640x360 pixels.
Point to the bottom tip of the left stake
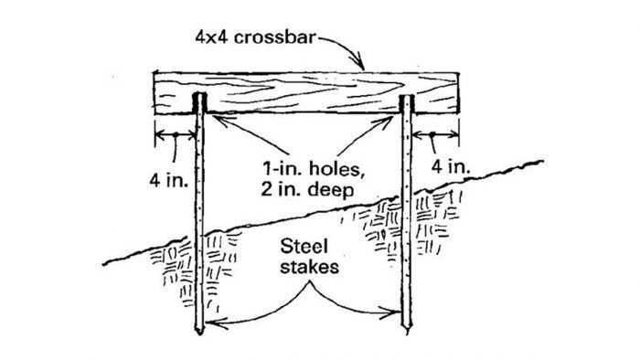tap(200, 329)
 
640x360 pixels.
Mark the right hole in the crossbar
tap(408, 103)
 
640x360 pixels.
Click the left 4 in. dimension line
tap(174, 138)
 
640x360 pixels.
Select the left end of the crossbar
tap(155, 94)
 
